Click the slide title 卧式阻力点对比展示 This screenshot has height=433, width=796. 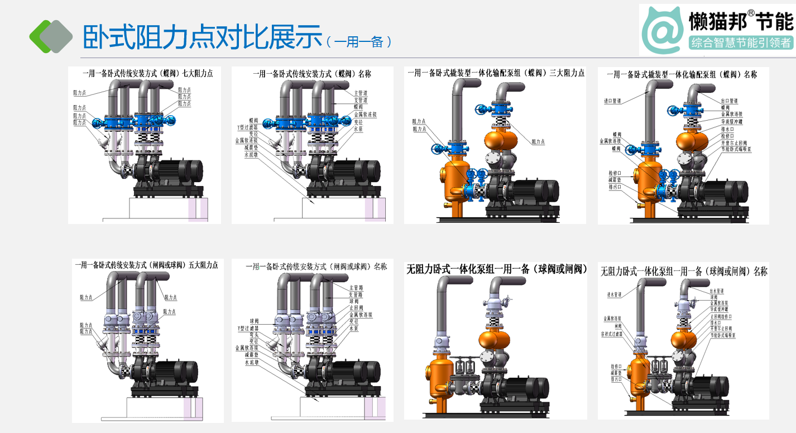point(202,36)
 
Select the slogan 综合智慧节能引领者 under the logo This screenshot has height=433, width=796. point(741,42)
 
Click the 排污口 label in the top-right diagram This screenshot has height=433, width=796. point(616,187)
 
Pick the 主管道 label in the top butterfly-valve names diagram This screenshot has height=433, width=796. point(361,92)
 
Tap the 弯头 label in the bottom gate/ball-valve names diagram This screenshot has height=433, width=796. point(253,334)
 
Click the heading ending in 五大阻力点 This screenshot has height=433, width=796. point(146,265)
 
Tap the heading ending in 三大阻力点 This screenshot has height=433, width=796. point(496,73)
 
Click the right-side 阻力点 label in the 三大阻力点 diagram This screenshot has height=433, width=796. point(538,142)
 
